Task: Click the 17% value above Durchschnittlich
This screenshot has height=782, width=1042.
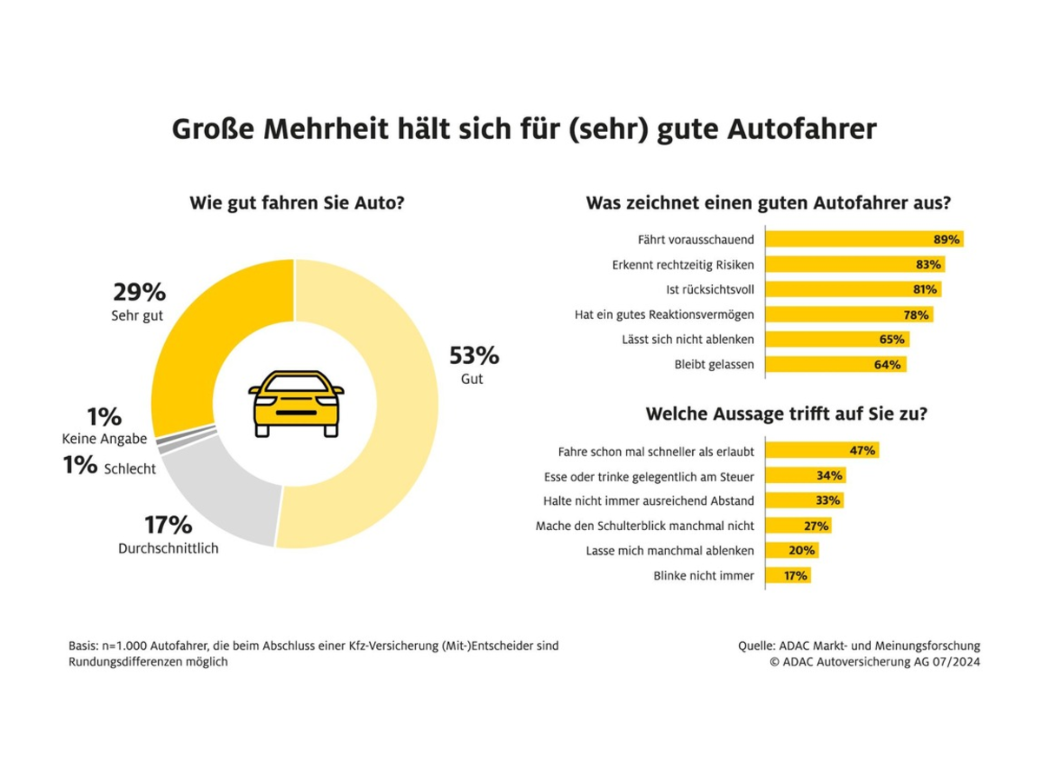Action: (x=168, y=525)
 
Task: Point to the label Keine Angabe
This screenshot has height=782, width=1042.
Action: (x=105, y=439)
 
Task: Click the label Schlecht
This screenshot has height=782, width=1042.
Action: (x=129, y=469)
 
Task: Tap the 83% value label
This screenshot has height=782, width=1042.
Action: (x=928, y=264)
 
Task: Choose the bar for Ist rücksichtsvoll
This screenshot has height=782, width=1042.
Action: (x=852, y=289)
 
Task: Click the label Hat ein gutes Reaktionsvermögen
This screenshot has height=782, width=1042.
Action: (x=664, y=315)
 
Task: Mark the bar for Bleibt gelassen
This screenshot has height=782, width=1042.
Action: (x=834, y=365)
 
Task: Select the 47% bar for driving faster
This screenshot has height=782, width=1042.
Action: (x=821, y=450)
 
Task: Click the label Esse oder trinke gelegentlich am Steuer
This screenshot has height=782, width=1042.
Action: (x=648, y=475)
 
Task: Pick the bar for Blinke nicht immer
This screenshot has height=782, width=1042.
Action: (x=788, y=575)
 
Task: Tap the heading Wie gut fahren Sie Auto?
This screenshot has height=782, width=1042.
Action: (x=298, y=204)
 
